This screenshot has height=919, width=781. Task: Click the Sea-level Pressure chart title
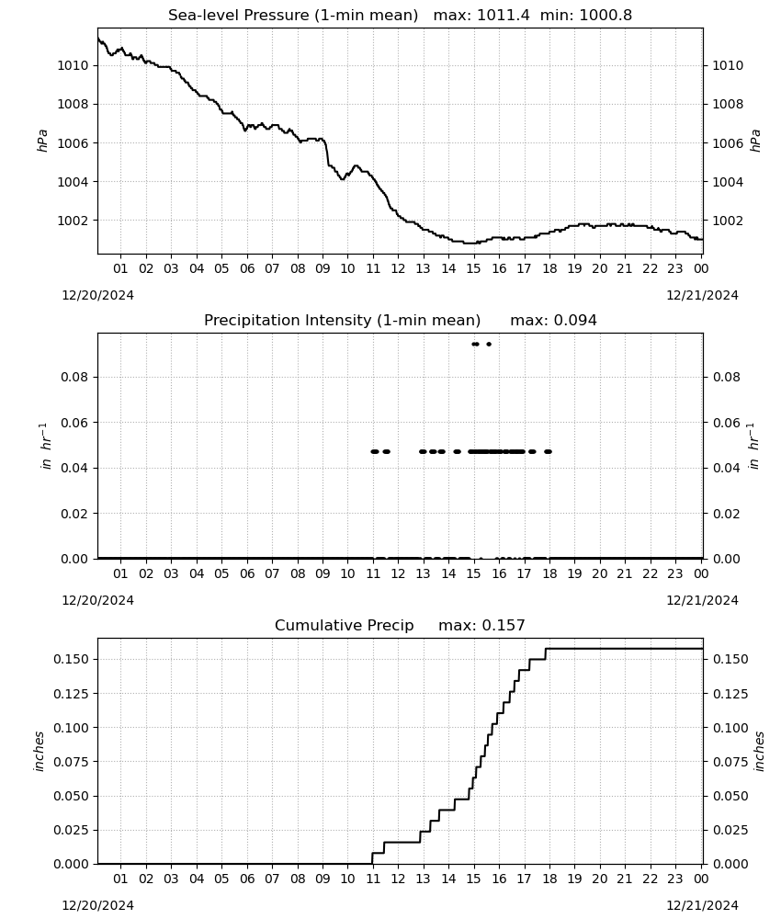401,15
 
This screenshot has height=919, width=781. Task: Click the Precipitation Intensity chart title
401,320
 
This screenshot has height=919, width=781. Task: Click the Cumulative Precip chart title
401,625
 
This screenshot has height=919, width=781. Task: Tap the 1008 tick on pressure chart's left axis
73,105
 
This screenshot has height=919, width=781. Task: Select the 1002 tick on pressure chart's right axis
728,221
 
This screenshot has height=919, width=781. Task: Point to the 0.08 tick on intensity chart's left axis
75,377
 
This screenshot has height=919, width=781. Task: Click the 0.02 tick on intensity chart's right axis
727,514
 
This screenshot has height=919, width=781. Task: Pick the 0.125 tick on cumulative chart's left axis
71,693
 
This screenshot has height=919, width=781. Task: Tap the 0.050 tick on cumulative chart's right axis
730,796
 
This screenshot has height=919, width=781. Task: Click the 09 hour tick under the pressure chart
323,268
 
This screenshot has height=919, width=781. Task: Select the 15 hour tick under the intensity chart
473,573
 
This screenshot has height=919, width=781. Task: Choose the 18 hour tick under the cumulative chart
549,879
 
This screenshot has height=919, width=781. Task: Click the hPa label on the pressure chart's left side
42,141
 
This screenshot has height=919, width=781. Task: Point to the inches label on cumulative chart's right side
759,752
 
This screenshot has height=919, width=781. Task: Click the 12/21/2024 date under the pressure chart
702,295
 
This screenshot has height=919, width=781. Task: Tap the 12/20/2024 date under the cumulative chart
97,905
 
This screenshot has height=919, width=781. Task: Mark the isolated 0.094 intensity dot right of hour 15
489,344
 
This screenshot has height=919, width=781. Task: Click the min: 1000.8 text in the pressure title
586,15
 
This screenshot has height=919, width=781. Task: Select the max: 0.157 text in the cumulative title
481,625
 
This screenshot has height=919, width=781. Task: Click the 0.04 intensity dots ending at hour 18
548,451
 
